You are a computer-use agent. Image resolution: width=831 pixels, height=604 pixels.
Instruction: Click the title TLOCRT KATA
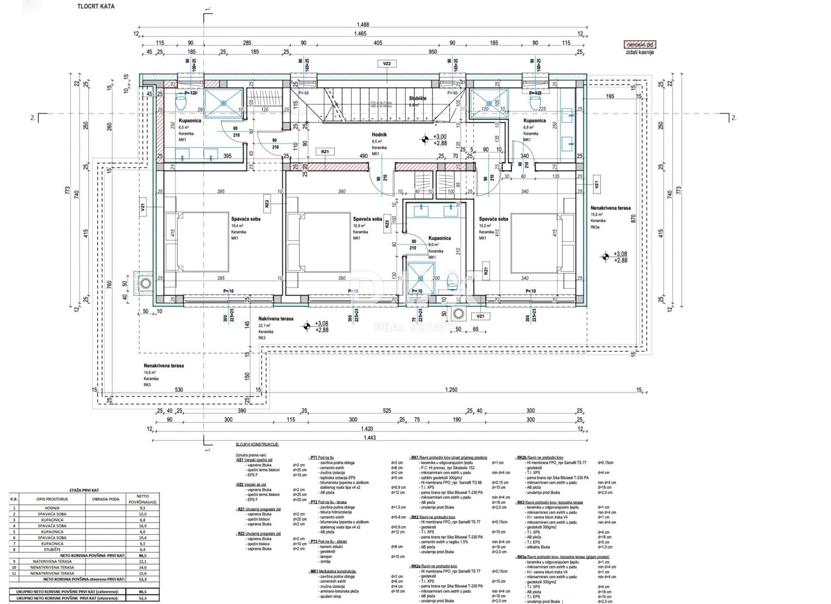[96, 7]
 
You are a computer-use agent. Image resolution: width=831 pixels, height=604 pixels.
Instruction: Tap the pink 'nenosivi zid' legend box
[640, 44]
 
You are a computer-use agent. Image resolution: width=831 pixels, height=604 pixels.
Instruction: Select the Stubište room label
[417, 98]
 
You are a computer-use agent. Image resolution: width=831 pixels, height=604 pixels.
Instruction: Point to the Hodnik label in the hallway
[379, 135]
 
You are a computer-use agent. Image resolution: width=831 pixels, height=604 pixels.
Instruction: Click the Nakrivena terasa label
[276, 319]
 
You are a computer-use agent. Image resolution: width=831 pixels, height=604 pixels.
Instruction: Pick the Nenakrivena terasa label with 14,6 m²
[163, 366]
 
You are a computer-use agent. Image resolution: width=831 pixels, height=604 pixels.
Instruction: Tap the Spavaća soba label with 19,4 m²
[245, 219]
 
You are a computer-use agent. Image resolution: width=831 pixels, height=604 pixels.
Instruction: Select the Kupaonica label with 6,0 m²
[439, 238]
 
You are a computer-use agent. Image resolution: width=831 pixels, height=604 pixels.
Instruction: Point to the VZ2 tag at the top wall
[387, 64]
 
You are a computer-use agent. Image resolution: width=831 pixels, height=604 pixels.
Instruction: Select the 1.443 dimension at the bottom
[369, 438]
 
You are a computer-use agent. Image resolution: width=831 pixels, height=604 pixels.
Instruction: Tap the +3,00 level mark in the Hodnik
[440, 136]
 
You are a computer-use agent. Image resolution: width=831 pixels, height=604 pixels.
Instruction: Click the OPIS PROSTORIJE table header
[53, 499]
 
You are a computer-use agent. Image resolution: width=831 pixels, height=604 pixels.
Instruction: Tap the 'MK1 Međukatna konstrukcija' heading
[333, 572]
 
